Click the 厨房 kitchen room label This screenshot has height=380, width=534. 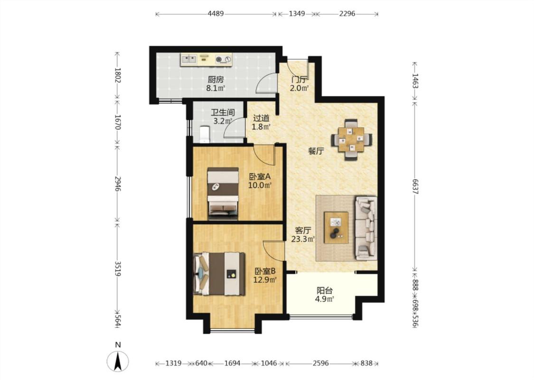[215, 80]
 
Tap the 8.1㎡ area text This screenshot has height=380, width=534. [215, 88]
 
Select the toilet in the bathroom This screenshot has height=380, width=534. [204, 134]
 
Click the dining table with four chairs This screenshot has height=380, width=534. [351, 139]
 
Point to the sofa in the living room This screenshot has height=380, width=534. [366, 227]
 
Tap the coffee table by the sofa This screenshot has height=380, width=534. [336, 228]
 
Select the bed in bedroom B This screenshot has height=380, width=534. [219, 274]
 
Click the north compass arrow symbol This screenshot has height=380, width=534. [118, 361]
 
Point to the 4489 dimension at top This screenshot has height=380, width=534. [215, 14]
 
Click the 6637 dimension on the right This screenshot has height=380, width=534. [415, 186]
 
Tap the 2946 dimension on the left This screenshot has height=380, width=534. [117, 184]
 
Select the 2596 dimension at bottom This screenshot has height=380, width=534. [321, 363]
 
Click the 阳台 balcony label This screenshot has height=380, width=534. [325, 291]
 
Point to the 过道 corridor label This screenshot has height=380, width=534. [261, 118]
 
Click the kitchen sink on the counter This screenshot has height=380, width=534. [188, 60]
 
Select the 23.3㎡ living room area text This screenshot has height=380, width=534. [303, 239]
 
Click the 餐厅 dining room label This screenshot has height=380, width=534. [316, 151]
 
